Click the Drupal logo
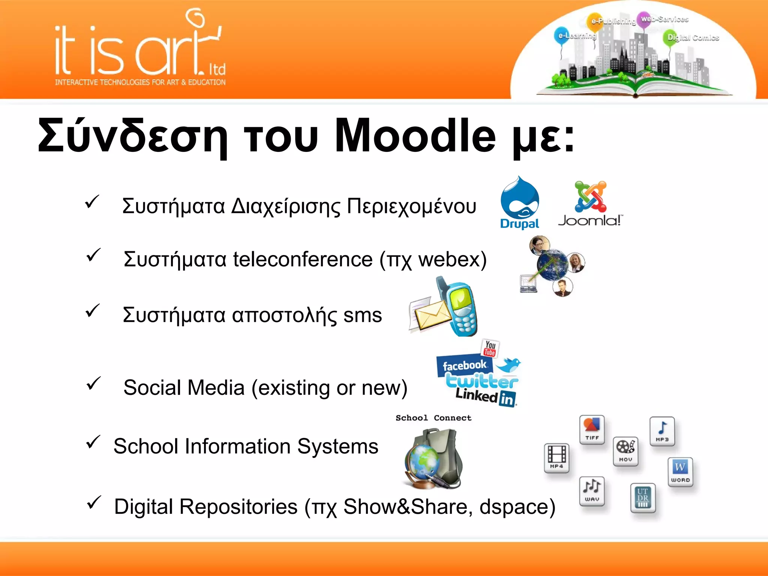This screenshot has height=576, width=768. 520,202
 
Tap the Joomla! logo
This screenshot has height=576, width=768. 590,204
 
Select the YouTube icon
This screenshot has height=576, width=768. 490,348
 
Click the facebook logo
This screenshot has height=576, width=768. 464,365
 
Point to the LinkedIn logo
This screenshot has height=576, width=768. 486,397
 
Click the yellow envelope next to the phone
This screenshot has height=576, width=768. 431,314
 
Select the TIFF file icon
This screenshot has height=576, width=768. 592,430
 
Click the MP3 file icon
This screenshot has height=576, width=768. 662,431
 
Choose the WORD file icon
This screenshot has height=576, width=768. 680,472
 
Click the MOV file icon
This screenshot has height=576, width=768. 625,451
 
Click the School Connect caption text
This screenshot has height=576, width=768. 433,418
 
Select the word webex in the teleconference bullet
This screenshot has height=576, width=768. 448,259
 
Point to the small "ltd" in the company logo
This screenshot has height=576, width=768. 217,69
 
